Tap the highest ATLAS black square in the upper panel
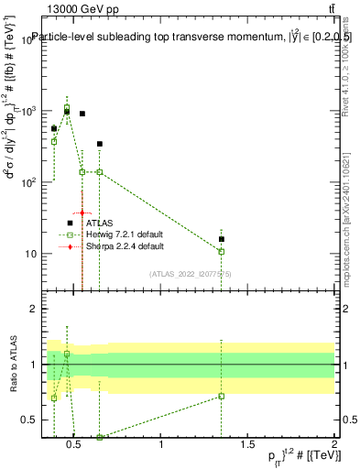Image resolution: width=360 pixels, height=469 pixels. click(67, 112)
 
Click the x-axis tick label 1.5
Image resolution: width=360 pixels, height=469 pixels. click(248, 446)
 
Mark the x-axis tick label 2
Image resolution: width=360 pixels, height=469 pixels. click(333, 446)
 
